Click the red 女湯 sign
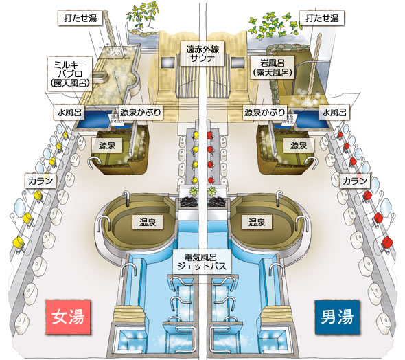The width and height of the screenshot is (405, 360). click(68, 317)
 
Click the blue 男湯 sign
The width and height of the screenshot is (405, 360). click(337, 317)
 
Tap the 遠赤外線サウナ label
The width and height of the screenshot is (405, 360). click(202, 54)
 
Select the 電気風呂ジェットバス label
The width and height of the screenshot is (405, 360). click(202, 262)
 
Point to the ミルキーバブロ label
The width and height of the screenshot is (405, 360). click(70, 74)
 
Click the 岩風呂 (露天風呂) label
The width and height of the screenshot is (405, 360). click(273, 67)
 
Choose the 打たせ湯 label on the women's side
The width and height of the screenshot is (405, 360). click(80, 18)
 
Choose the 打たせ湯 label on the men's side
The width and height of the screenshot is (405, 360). click(322, 18)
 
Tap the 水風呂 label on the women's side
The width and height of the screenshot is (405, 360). click(69, 113)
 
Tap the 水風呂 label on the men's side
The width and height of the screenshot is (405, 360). click(334, 112)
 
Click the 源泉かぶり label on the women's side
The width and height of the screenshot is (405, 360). click(141, 112)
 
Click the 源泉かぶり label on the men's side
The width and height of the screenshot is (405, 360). click(265, 112)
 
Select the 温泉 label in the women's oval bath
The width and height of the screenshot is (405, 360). click(148, 223)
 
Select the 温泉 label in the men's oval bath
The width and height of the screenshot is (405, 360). click(257, 223)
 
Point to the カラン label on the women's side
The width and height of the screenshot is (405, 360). click(40, 181)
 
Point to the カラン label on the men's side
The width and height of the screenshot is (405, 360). click(355, 181)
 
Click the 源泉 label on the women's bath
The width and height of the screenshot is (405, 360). click(107, 145)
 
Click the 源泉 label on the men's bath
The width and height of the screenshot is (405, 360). click(299, 145)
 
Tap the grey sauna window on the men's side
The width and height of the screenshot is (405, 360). click(238, 63)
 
